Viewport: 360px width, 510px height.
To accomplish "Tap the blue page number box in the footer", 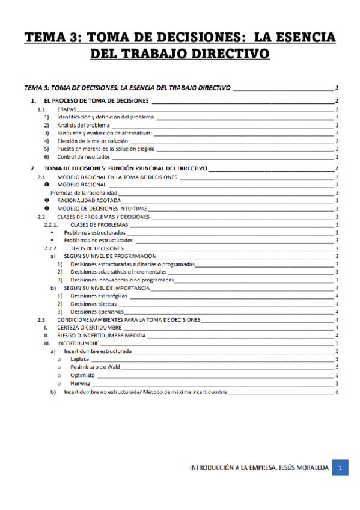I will coord(340,468).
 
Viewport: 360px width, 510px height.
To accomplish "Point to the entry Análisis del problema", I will coord(84,125).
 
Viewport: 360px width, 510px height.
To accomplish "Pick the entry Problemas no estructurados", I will coord(99,239).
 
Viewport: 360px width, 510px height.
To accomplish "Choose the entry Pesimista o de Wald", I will coord(96,367).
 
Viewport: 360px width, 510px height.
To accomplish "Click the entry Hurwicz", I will coord(81,383).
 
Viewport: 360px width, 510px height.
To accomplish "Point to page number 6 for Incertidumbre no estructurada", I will coord(338,392).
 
